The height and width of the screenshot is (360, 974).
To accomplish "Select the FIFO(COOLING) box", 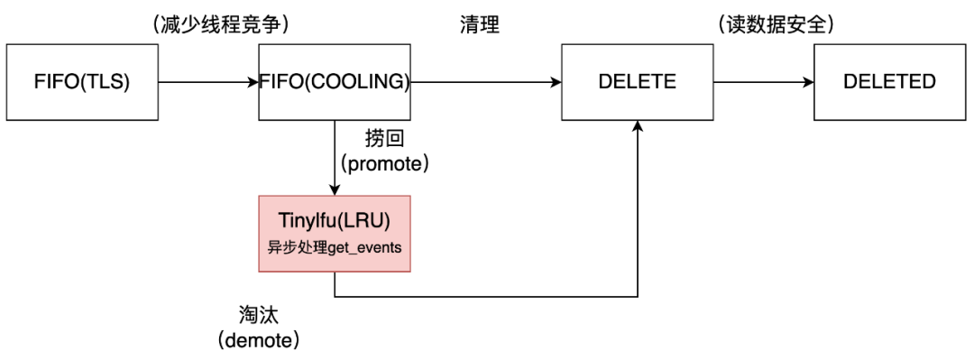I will pos(335,83).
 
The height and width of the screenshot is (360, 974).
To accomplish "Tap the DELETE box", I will pos(637,83).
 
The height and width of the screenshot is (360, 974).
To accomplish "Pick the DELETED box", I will pos(889,83).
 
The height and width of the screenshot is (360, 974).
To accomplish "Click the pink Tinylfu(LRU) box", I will pos(335,232).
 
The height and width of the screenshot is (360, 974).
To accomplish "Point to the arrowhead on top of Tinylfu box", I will pos(335,189).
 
